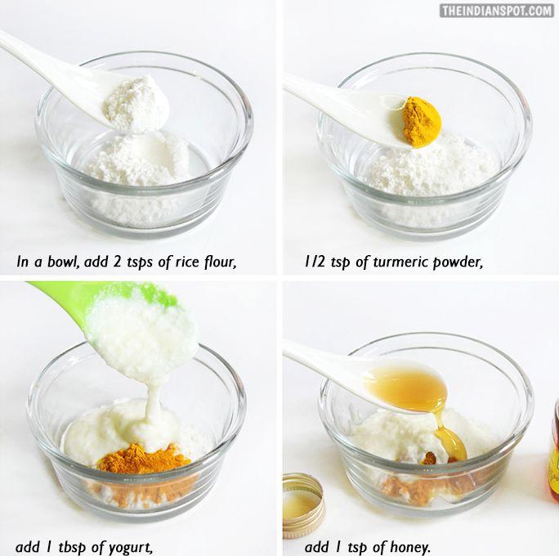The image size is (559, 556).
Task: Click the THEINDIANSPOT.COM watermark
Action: pos(497,11)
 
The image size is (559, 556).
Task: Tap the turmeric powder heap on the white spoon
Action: pos(422,122)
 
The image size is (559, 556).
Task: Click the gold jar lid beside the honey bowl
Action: pos(303,505)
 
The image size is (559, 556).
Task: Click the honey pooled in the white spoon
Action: pos(406,386)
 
